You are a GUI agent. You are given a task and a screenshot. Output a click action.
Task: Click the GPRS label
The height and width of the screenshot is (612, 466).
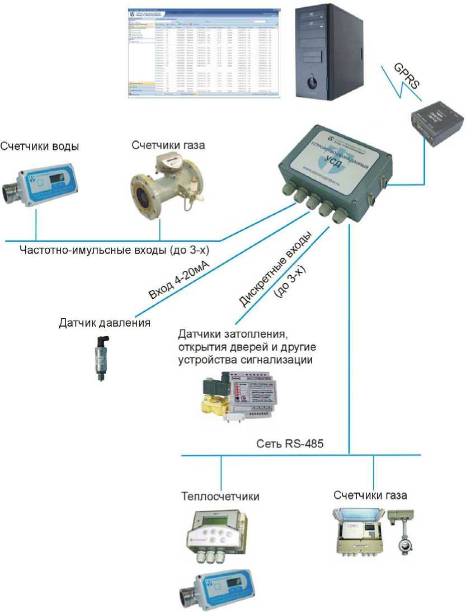[x=405, y=75]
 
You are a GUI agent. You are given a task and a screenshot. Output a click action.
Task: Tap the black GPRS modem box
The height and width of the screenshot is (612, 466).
[x=438, y=123]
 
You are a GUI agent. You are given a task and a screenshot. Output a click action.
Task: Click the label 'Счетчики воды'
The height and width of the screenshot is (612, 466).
[x=40, y=147]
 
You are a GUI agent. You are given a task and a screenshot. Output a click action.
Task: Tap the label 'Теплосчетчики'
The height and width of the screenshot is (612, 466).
[x=220, y=496]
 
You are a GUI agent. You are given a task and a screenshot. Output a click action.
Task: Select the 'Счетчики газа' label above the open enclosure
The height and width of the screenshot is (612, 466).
[x=370, y=496]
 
